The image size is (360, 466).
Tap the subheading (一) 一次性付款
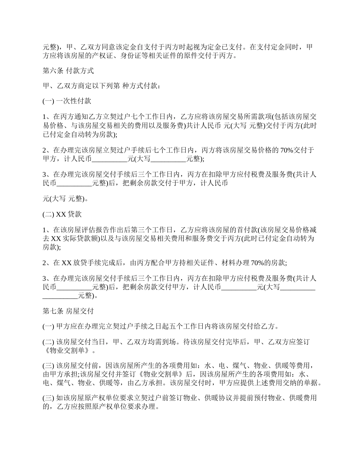pos(67,101)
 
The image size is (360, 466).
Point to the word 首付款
pos(248,229)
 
